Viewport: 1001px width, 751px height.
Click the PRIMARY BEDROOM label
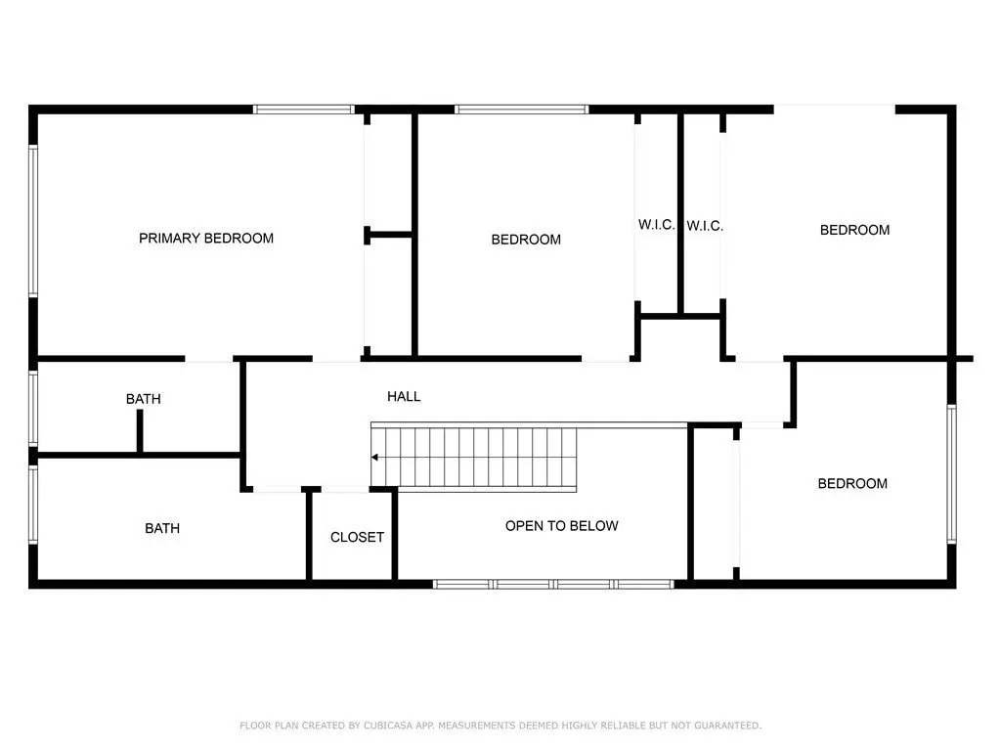coord(206,239)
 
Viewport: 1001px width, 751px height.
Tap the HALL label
coord(404,397)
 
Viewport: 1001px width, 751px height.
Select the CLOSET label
coord(357,537)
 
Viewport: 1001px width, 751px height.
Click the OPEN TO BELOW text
coord(562,525)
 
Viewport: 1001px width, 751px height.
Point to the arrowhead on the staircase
coord(374,458)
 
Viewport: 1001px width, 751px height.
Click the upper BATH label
coord(143,399)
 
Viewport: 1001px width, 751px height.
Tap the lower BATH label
coord(162,528)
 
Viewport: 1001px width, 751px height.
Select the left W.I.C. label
coord(656,225)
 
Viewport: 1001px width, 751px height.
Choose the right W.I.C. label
coord(705,226)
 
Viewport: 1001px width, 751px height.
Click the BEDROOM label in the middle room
coord(526,240)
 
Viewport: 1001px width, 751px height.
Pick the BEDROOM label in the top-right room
coord(854,230)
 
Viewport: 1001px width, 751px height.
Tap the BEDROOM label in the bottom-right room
coord(852,483)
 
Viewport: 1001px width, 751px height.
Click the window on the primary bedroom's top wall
coord(304,110)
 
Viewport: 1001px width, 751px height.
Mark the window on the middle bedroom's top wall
coord(522,110)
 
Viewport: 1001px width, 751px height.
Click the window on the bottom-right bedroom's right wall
coord(951,473)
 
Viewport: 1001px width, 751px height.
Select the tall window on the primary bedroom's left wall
coord(33,220)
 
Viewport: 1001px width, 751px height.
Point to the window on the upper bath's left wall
coord(33,408)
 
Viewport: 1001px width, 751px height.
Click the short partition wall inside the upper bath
coord(140,431)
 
